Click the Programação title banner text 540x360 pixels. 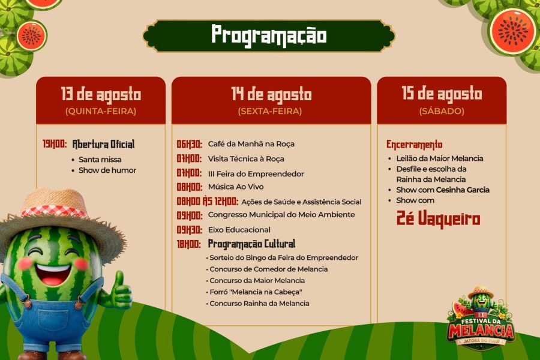[x=269, y=35]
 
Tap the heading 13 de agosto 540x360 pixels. [x=101, y=94]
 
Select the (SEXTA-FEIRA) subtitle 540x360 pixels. [x=269, y=111]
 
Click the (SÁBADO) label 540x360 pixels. [x=442, y=111]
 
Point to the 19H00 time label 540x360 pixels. [x=55, y=144]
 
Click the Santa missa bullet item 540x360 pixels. [x=100, y=160]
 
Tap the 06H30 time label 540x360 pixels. [x=190, y=144]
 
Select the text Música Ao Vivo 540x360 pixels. [x=236, y=187]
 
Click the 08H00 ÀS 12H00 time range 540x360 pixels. [x=207, y=201]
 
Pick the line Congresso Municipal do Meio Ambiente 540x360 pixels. [x=281, y=215]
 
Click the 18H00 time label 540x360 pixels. [x=188, y=244]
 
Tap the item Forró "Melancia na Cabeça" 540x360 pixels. [x=256, y=292]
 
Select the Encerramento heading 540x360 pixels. [x=414, y=145]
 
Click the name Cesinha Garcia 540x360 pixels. [x=463, y=190]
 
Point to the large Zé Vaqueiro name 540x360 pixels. [x=438, y=218]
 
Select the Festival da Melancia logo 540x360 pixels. [x=481, y=319]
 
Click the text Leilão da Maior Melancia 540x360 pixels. [x=439, y=158]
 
